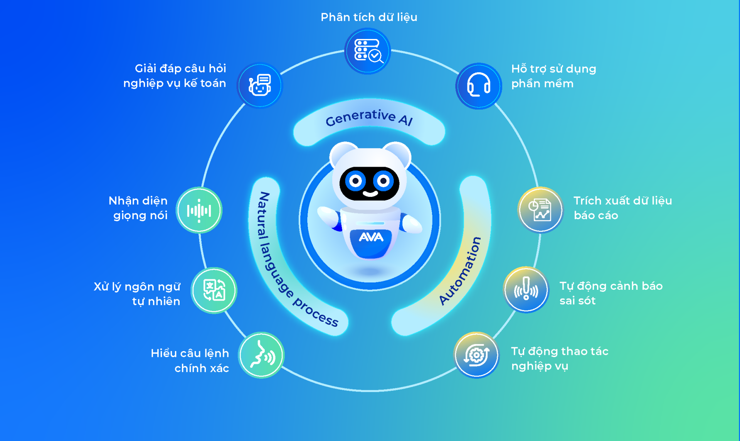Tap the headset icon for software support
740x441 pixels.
pyautogui.click(x=478, y=86)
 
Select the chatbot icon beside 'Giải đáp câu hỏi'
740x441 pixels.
pyautogui.click(x=260, y=85)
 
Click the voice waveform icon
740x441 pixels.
pyautogui.click(x=199, y=210)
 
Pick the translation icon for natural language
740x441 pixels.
pyautogui.click(x=214, y=290)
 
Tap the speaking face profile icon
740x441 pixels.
pyautogui.click(x=261, y=355)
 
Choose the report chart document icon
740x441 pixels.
pyautogui.click(x=540, y=210)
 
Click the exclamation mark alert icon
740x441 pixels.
pyautogui.click(x=526, y=289)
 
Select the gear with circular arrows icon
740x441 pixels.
pyautogui.click(x=476, y=355)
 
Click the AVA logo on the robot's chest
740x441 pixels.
pyautogui.click(x=371, y=237)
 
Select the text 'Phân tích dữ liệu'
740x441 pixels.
pyautogui.click(x=369, y=17)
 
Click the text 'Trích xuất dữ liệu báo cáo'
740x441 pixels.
pyautogui.click(x=622, y=208)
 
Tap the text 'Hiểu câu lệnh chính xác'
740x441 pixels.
pyautogui.click(x=190, y=360)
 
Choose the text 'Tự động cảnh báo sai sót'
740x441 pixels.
pyautogui.click(x=610, y=293)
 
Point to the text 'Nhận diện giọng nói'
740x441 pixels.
pyautogui.click(x=138, y=208)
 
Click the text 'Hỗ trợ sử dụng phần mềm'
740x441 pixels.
pyautogui.click(x=553, y=76)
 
